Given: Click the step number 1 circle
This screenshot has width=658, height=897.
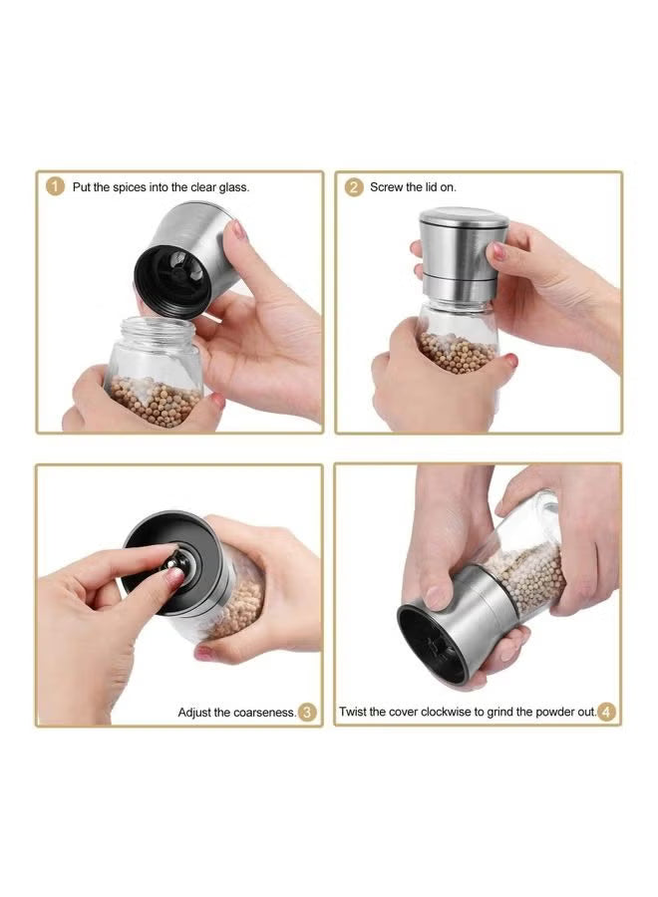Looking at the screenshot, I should click(55, 187).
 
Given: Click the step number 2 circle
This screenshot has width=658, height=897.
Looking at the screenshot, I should click(354, 187).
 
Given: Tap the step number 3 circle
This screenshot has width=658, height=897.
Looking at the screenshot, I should click(308, 712).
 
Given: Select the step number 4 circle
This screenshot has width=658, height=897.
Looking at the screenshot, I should click(606, 712).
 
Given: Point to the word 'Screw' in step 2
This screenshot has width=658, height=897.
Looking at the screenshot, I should click(387, 187).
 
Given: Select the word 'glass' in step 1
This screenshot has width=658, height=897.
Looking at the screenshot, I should click(233, 187).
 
